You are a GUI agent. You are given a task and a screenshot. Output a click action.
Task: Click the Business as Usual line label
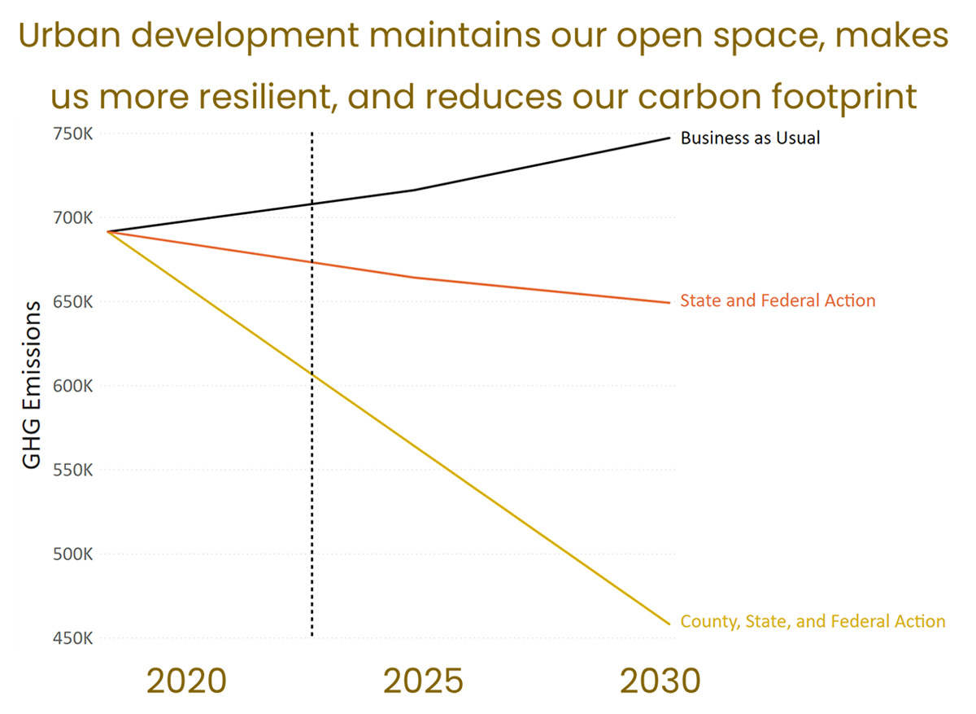750,138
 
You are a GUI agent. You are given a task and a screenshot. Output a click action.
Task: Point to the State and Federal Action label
778,301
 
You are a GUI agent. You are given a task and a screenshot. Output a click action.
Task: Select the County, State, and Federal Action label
813,622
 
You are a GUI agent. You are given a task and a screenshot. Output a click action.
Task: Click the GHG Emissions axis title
31,384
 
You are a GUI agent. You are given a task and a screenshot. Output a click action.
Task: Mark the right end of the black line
669,138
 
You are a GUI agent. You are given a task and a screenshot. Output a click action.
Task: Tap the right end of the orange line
669,303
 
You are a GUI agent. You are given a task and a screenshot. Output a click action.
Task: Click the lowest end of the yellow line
669,624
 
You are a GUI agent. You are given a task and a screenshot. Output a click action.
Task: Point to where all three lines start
108,232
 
